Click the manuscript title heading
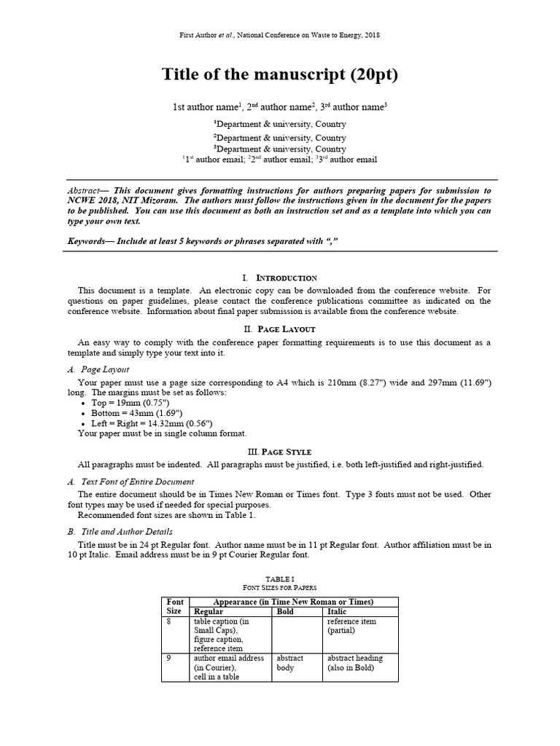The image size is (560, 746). [279, 76]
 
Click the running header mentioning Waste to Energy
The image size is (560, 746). [279, 35]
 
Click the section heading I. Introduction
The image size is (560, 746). [279, 278]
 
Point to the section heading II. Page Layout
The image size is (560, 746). [279, 329]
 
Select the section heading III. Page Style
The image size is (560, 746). [279, 452]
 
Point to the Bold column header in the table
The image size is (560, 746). [286, 612]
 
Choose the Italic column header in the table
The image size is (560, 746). [337, 612]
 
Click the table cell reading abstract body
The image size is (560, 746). [289, 662]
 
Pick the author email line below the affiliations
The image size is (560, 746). [279, 160]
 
